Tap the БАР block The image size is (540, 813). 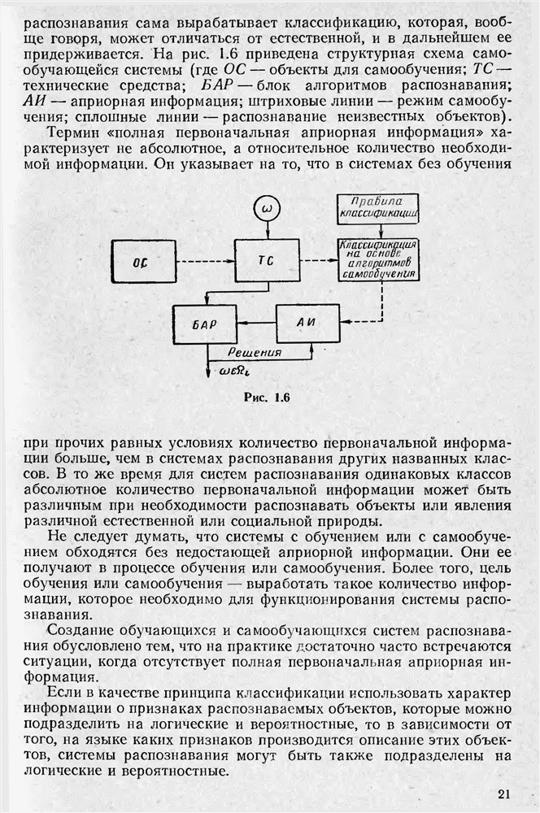click(204, 324)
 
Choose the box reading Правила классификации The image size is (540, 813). click(377, 208)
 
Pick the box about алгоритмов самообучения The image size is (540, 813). click(378, 259)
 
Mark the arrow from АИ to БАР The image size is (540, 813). click(255, 324)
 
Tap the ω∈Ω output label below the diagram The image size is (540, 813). click(236, 373)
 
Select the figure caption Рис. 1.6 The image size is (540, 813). click(268, 398)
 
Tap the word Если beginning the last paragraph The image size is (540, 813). click(64, 693)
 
